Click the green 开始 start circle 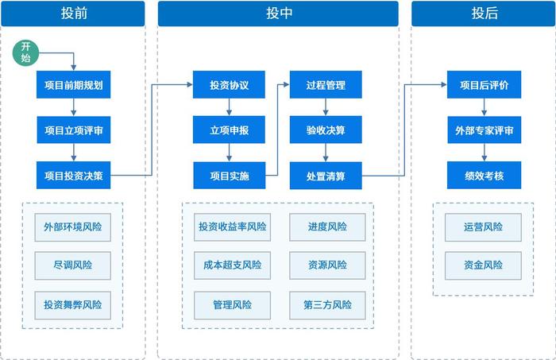pos(26,53)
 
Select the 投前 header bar pos(73,14)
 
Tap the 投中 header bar pos(277,14)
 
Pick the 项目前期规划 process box pos(73,84)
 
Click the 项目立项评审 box pos(73,130)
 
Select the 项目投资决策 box pos(73,175)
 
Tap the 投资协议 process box pos(230,84)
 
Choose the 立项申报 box pos(230,130)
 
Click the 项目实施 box pos(230,175)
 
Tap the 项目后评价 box pos(484,84)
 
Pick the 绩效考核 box pos(484,175)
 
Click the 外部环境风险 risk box pos(73,226)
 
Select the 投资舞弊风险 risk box pos(73,304)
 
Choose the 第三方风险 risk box pos(327,304)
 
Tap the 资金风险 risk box pos(484,265)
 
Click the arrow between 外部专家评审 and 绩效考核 pos(484,153)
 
